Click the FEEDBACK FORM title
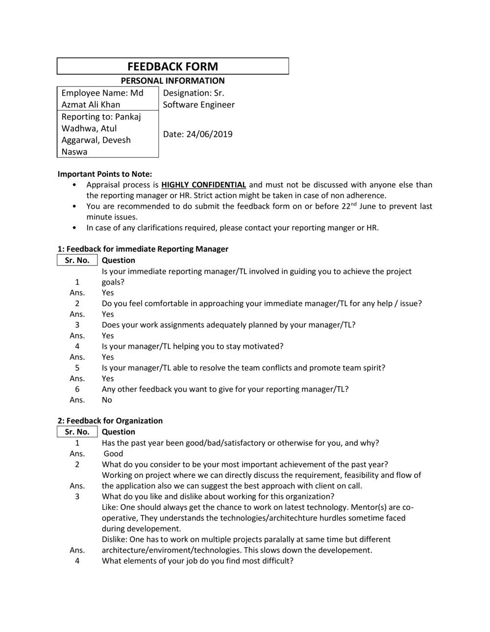pos(172,67)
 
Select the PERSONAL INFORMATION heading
pos(172,81)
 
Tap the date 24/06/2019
pos(209,134)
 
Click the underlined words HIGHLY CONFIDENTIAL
pos(203,185)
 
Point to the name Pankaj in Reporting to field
pos(128,117)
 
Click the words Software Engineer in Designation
pos(198,105)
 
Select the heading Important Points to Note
pos(105,174)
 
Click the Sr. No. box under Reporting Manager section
pos(77,260)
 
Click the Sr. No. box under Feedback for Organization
pos(77,432)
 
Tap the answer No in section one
pos(107,400)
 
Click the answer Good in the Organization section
pos(113,454)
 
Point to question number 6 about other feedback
pos(225,389)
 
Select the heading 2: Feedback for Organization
pos(110,421)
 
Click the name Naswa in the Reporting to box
pos(74,152)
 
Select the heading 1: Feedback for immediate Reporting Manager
pos(143,249)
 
